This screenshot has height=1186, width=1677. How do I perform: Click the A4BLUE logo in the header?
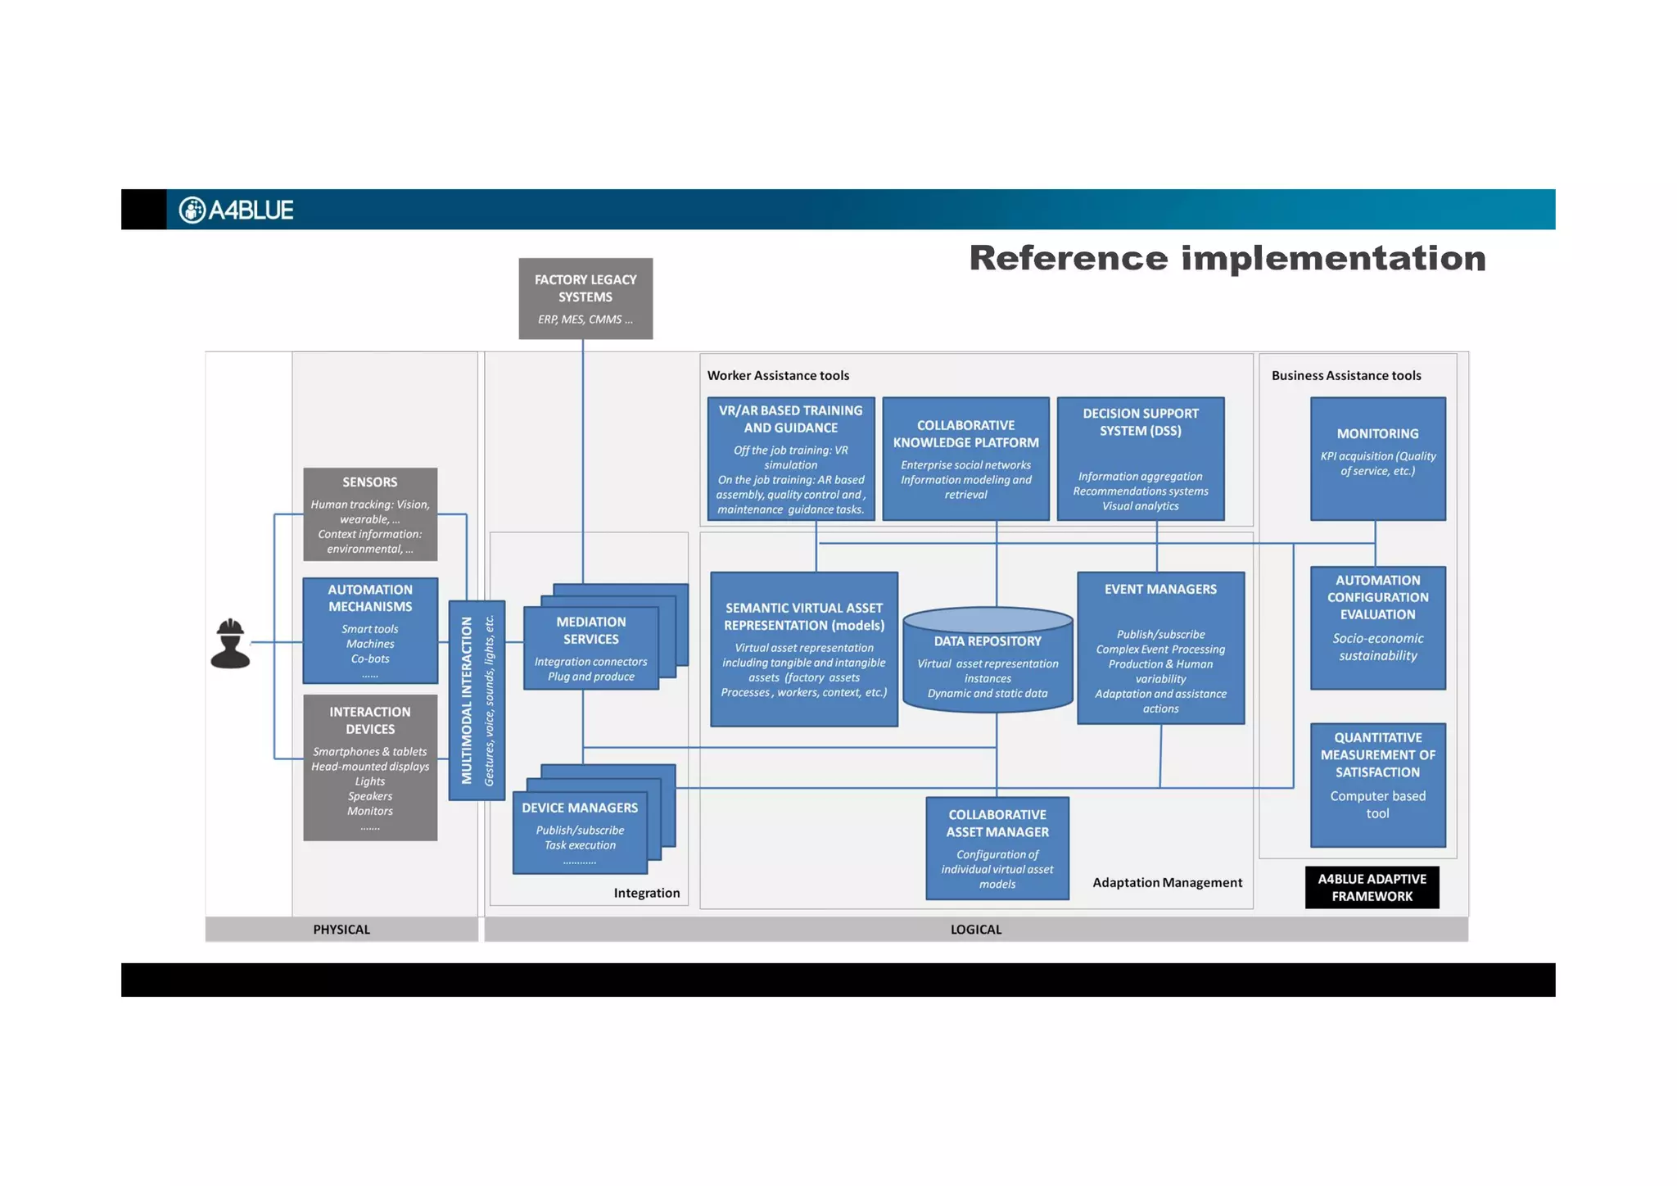coord(236,210)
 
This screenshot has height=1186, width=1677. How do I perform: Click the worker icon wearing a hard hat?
coord(230,644)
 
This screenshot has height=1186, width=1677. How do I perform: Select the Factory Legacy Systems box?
coord(585,298)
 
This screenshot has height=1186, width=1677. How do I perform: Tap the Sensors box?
coord(370,514)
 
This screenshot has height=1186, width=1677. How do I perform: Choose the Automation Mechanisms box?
coord(370,631)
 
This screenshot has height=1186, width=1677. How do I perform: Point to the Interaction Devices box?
coord(370,767)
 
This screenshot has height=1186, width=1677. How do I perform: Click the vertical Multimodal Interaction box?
coord(477,700)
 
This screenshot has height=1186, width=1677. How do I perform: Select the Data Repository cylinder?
coord(988,660)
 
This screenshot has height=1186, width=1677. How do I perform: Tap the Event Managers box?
coord(1160,648)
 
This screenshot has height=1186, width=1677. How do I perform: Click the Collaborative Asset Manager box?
coord(997,848)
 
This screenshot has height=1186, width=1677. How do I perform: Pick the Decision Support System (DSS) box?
coord(1141,459)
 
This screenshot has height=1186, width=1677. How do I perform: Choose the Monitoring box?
coord(1377,459)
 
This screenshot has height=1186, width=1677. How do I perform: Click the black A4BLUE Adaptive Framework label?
coord(1372,887)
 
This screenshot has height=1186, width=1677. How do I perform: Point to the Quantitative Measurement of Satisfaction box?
coord(1377,785)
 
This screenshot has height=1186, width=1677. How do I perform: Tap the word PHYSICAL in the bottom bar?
coord(341,930)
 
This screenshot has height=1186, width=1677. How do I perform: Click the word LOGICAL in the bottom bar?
coord(976,930)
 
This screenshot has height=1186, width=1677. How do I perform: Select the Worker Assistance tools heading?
coord(778,376)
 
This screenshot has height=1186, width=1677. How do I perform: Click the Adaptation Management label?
coord(1167,882)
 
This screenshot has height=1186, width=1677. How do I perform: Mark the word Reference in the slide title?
coord(1069,259)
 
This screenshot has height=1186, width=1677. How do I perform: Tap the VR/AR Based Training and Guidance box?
coord(791,459)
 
